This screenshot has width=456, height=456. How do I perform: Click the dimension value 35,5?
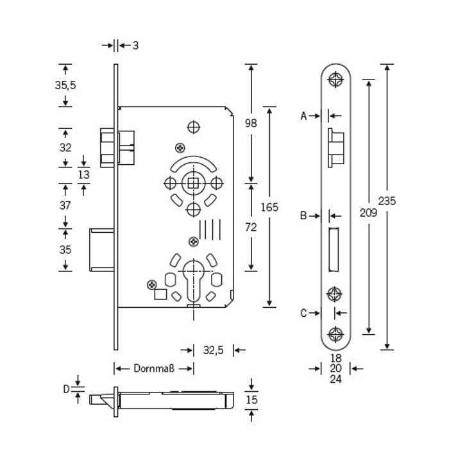point(65,85)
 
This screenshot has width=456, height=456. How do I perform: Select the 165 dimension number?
point(270,207)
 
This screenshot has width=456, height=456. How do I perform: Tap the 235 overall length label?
point(387,201)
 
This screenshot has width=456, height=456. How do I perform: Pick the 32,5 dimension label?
point(213,350)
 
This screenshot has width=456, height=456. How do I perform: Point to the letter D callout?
point(65,388)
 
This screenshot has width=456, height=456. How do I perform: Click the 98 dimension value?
point(251,123)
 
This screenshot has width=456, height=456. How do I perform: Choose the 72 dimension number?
point(251,226)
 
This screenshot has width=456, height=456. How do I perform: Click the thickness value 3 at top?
point(136,46)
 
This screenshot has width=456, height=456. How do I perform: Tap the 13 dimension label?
point(84,174)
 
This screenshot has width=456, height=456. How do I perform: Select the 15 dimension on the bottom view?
point(251,401)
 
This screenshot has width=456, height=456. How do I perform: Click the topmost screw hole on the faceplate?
point(334,80)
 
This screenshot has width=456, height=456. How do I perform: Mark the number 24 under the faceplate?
point(335,379)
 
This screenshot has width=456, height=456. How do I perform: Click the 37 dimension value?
point(65,205)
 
